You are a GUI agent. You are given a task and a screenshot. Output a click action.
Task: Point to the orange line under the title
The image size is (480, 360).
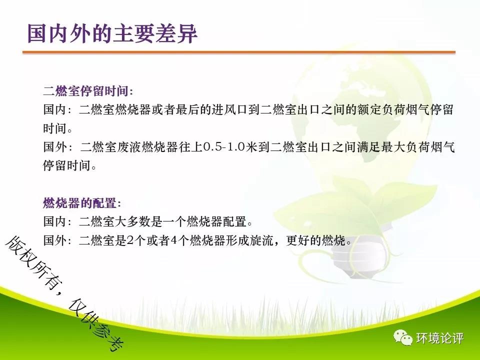click(x=239, y=52)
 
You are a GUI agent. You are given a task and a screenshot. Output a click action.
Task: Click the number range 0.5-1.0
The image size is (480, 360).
click(x=224, y=147)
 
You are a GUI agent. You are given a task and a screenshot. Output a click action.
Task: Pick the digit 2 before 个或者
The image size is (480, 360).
click(x=130, y=240)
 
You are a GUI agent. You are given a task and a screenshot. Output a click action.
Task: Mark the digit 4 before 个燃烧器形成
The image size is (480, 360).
click(x=174, y=240)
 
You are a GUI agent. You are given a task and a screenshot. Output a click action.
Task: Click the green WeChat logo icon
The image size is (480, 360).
click(x=403, y=337)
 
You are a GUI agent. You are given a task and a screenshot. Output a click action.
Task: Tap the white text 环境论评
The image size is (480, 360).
click(x=439, y=338)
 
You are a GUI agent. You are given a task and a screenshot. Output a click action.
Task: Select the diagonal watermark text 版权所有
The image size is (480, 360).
click(x=30, y=261)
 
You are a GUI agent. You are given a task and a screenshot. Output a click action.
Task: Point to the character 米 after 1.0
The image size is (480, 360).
click(x=251, y=147)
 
